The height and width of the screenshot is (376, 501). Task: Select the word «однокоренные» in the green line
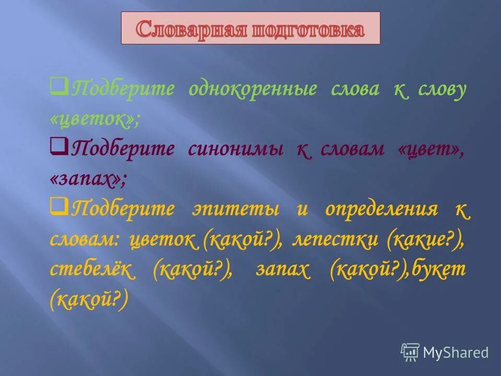253,89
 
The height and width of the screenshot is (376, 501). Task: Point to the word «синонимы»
235,149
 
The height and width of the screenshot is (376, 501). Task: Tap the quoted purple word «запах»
88,180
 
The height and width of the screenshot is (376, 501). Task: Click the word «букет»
439,271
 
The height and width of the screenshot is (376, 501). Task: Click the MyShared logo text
456,352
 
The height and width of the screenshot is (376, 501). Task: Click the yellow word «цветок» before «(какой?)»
163,240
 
